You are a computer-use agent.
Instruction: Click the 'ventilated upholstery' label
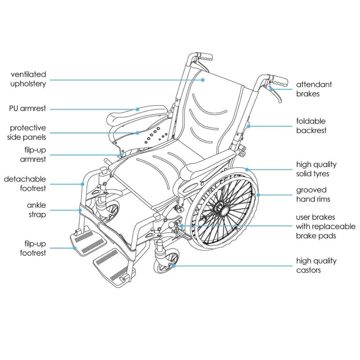[28, 79]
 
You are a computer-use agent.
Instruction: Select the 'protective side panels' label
[28, 133]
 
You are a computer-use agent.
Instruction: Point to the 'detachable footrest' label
[25, 184]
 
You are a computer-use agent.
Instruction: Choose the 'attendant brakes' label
[314, 89]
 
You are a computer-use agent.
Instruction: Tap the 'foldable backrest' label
[310, 126]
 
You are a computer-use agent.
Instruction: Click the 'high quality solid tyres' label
[316, 169]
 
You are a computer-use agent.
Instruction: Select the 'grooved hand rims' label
[312, 194]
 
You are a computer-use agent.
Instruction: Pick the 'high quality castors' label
[316, 265]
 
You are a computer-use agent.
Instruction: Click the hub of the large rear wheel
[221, 208]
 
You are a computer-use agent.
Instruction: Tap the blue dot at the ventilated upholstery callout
[203, 80]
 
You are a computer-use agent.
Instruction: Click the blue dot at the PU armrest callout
[138, 109]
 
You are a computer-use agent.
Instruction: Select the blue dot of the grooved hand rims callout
[259, 195]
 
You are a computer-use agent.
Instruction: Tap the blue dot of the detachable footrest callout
[83, 184]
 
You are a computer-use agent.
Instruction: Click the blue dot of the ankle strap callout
[80, 210]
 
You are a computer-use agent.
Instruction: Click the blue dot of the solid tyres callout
[246, 170]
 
